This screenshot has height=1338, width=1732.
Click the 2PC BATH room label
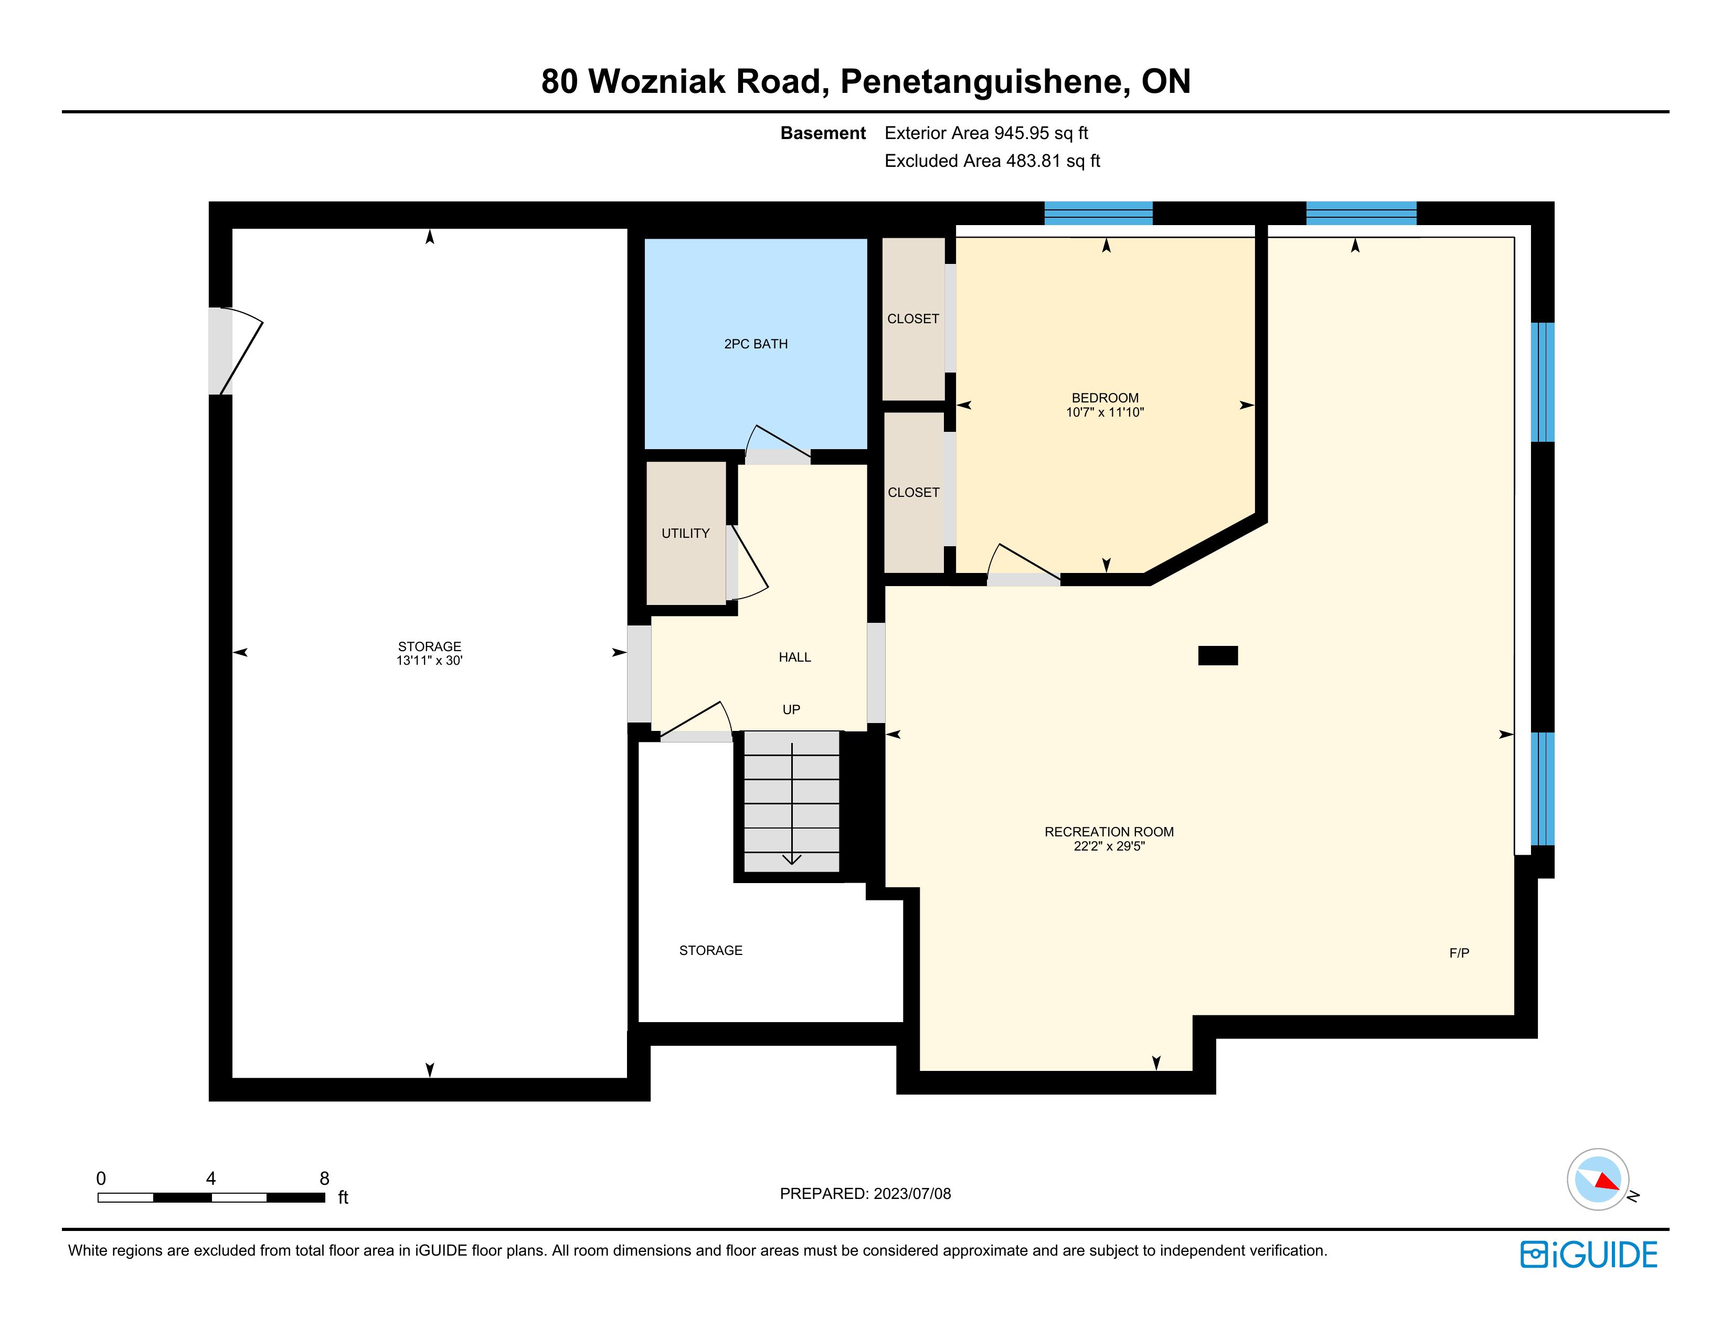coord(756,344)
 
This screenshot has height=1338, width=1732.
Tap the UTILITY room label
coord(685,533)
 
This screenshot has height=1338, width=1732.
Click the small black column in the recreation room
coord(1217,655)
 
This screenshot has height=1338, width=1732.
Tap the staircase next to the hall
coord(791,802)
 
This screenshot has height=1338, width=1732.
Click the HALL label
coord(794,657)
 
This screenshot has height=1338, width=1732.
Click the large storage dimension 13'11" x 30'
coord(429,660)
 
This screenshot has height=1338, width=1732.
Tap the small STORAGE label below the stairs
coord(710,950)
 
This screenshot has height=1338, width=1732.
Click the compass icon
coord(1598,1180)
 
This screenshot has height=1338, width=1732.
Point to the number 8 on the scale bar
coord(324,1178)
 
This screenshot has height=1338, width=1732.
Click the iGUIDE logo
coord(1588,1254)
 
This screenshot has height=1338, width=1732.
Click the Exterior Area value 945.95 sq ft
coord(1042,133)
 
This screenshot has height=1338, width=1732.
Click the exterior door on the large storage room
coord(236,351)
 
